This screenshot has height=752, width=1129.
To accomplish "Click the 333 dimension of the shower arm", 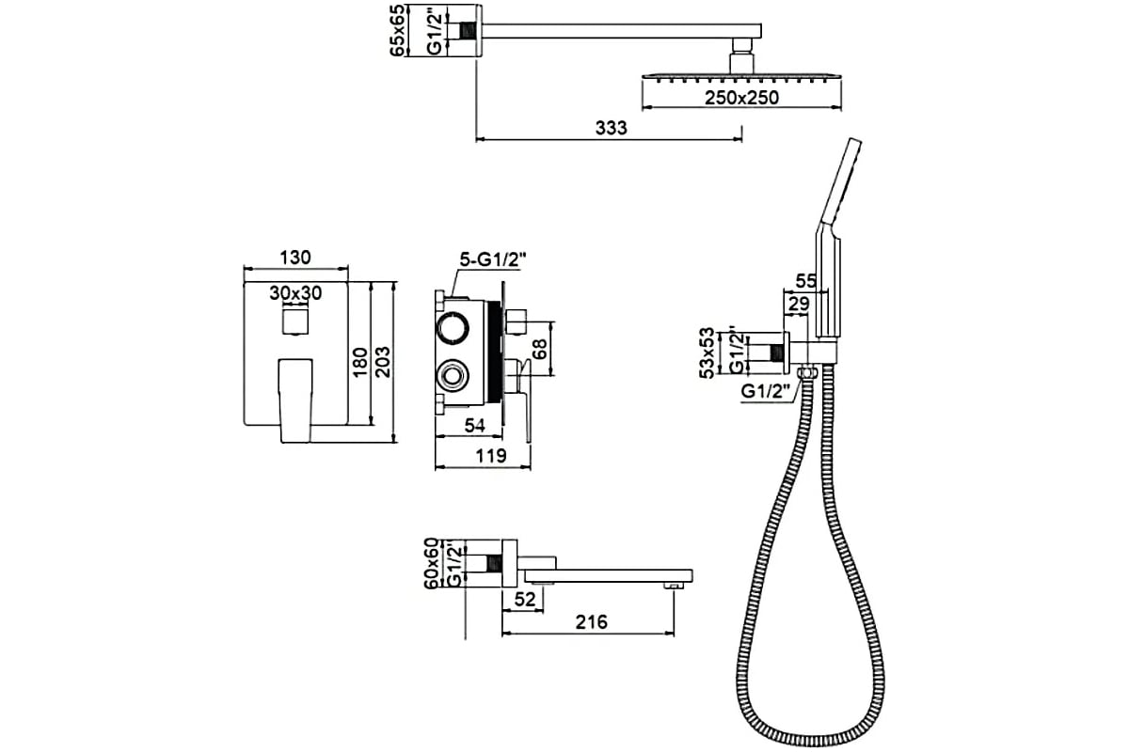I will pyautogui.click(x=612, y=128).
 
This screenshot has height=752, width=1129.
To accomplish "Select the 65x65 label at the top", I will pyautogui.click(x=399, y=31).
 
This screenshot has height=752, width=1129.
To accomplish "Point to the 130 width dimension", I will pyautogui.click(x=295, y=258).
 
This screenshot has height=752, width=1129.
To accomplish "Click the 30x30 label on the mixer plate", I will pyautogui.click(x=295, y=293).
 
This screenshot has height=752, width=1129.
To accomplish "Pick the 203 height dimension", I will pyautogui.click(x=383, y=359).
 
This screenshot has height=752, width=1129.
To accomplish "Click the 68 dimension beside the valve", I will pyautogui.click(x=539, y=349).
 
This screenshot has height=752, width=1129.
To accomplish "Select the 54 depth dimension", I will pyautogui.click(x=475, y=426).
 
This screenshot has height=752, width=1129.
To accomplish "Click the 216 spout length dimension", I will pyautogui.click(x=591, y=621).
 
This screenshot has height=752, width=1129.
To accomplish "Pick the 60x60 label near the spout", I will pyautogui.click(x=433, y=564).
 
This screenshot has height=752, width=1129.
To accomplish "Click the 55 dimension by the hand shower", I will pyautogui.click(x=805, y=279).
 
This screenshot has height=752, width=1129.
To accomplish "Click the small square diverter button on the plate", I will pyautogui.click(x=295, y=325).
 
